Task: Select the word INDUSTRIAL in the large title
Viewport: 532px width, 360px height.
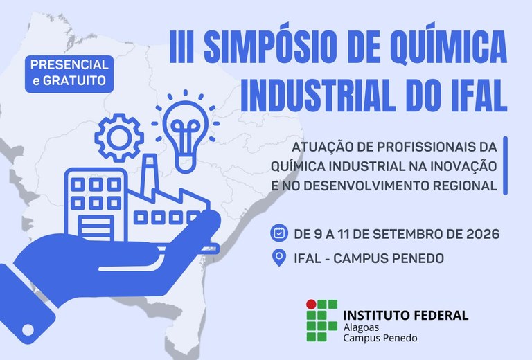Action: (318, 95)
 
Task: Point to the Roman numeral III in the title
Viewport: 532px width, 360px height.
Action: (181, 46)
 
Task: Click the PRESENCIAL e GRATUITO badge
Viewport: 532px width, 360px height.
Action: (69, 74)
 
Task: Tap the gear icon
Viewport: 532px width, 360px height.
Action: (119, 138)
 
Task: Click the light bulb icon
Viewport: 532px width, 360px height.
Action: (185, 132)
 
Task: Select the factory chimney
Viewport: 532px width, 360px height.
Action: (150, 174)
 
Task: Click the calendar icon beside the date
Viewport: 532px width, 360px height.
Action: (279, 233)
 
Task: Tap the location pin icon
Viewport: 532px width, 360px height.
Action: (279, 258)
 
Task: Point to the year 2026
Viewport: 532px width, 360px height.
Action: (483, 234)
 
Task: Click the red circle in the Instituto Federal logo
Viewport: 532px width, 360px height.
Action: (311, 305)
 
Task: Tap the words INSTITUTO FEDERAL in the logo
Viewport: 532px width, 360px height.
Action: (405, 315)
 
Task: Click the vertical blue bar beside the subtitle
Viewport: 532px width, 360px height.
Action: (505, 165)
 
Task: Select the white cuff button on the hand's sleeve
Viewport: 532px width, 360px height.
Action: (28, 330)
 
